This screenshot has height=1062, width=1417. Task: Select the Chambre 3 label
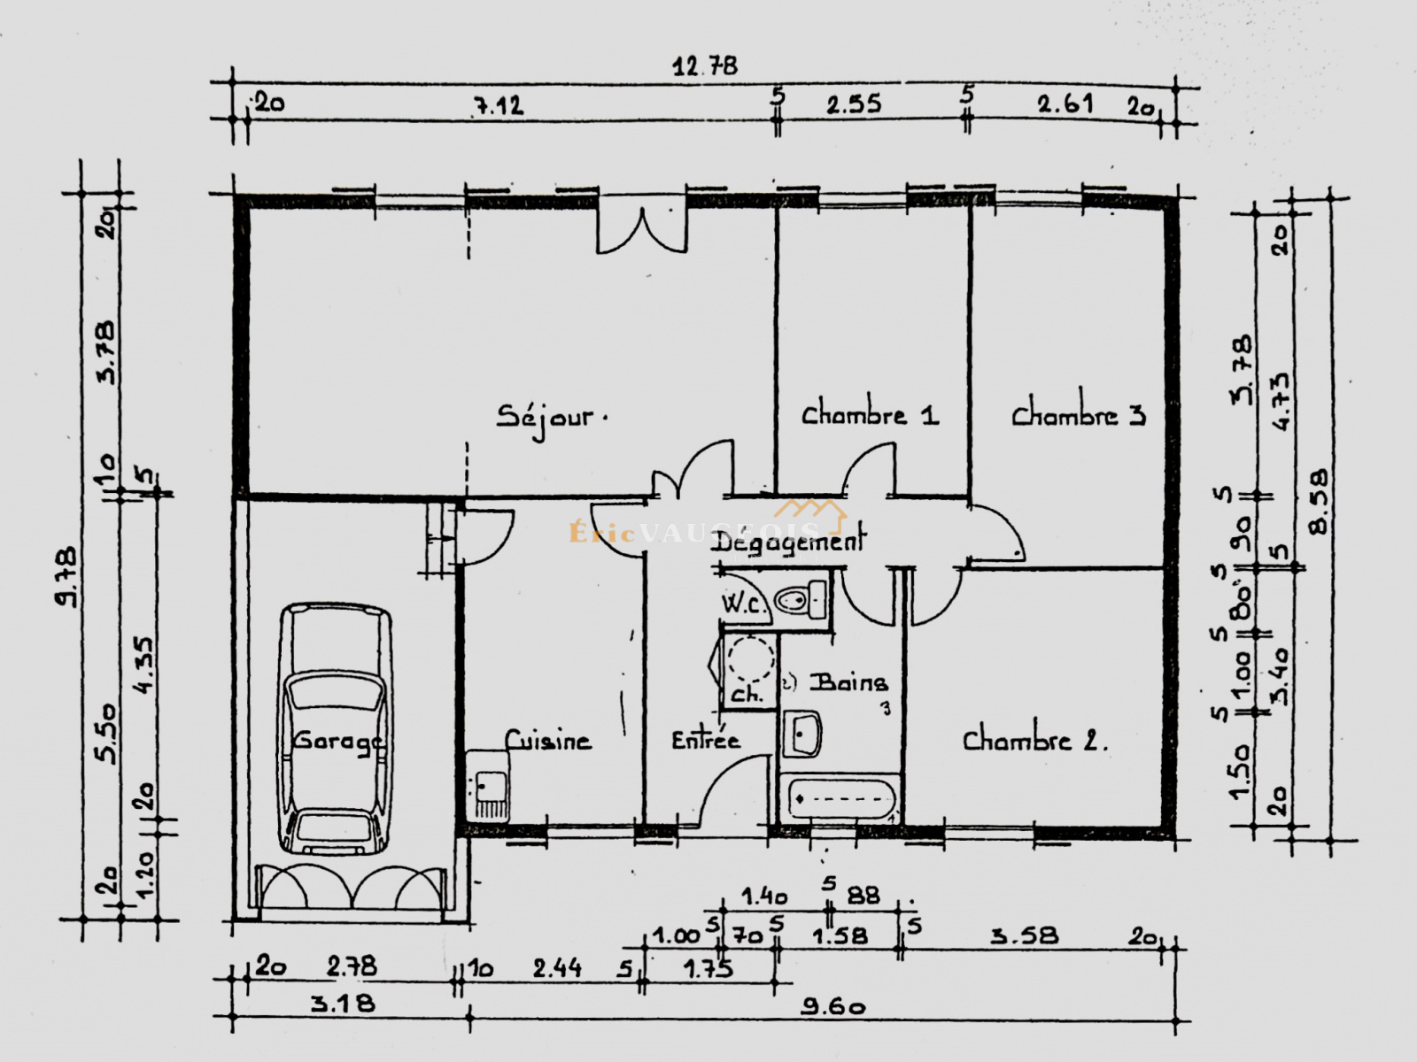click(1078, 414)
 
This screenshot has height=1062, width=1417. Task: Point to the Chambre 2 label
click(1034, 740)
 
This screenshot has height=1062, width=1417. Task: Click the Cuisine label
click(547, 740)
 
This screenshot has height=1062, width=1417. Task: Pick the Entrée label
click(705, 740)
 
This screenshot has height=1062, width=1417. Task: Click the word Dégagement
click(786, 542)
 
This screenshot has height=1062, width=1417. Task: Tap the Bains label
click(848, 682)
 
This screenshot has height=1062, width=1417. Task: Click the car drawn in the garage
click(336, 730)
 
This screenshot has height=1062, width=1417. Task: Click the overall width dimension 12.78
click(704, 66)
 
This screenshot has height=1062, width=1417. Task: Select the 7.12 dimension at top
click(497, 106)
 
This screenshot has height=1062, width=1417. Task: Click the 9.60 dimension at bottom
click(832, 1006)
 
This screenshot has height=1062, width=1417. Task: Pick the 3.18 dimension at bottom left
click(342, 1004)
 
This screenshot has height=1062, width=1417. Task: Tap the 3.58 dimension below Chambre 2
click(1024, 935)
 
